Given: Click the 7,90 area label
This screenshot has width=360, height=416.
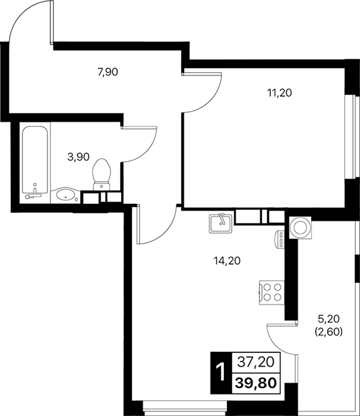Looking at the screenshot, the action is [x=108, y=72].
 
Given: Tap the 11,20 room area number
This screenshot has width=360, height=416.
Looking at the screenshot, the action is [x=279, y=93].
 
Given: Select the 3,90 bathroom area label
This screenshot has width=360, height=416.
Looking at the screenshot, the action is [x=78, y=157].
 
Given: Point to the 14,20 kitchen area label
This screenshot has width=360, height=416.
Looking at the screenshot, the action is [x=227, y=261].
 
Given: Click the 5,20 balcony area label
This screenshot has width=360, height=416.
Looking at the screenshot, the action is [x=329, y=319].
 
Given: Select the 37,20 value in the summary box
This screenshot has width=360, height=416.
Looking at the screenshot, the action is [x=255, y=362].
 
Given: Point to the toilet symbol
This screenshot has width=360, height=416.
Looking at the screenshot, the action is [x=102, y=174].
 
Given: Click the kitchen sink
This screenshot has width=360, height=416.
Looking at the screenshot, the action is [x=221, y=223].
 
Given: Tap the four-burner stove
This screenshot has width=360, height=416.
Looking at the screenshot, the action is [x=271, y=292].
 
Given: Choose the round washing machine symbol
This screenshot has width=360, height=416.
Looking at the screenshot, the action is [x=301, y=228].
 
